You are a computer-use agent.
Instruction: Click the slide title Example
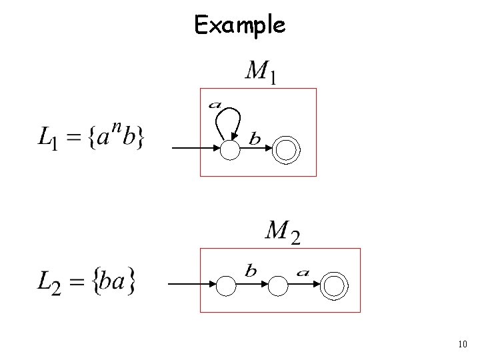point(240,25)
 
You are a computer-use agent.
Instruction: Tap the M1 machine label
point(260,71)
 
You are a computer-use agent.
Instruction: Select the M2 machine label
point(282,232)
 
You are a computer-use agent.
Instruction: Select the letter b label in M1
point(255,139)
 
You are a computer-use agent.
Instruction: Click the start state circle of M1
point(229,151)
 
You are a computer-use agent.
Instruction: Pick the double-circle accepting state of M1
point(286,151)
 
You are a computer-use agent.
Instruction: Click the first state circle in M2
point(227,287)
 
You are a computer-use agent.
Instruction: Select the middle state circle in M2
point(279,287)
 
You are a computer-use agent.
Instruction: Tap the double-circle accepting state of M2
point(334,287)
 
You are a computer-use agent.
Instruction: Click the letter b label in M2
point(251,270)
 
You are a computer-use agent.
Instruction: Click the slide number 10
point(463,344)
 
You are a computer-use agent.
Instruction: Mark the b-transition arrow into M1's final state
point(257,149)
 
